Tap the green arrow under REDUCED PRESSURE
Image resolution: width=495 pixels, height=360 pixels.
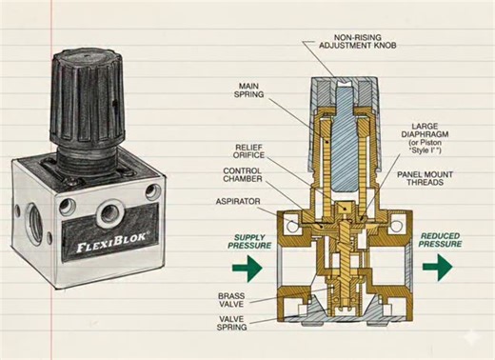point(440,269)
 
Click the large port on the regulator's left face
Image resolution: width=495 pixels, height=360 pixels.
point(28,216)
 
